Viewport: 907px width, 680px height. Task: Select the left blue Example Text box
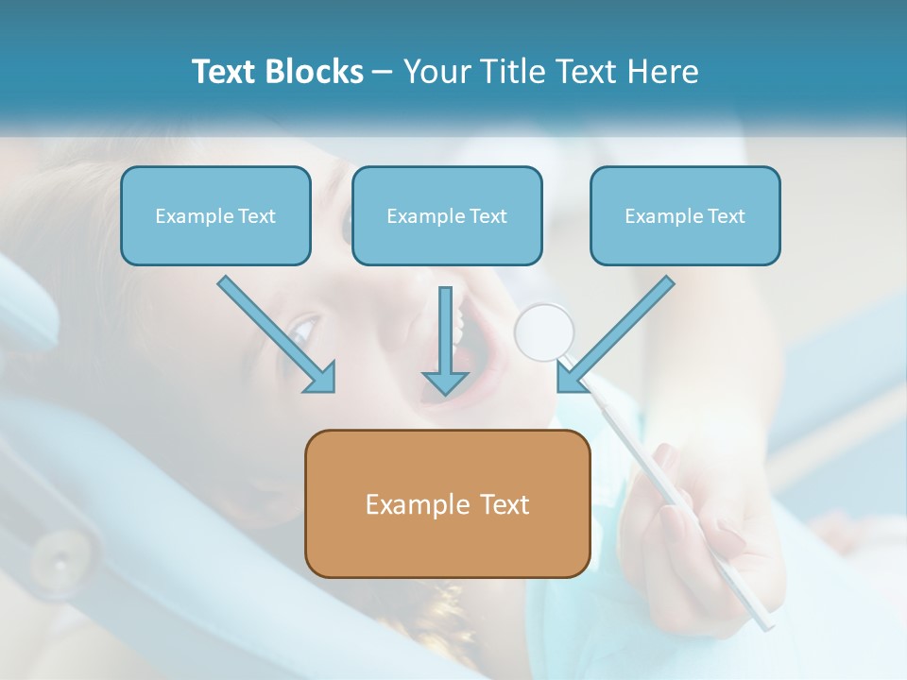(215, 215)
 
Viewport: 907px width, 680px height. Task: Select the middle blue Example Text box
(447, 215)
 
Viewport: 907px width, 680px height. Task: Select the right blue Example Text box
(685, 215)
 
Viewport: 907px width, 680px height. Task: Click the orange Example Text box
(447, 503)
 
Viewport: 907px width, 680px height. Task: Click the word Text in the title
(224, 72)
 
